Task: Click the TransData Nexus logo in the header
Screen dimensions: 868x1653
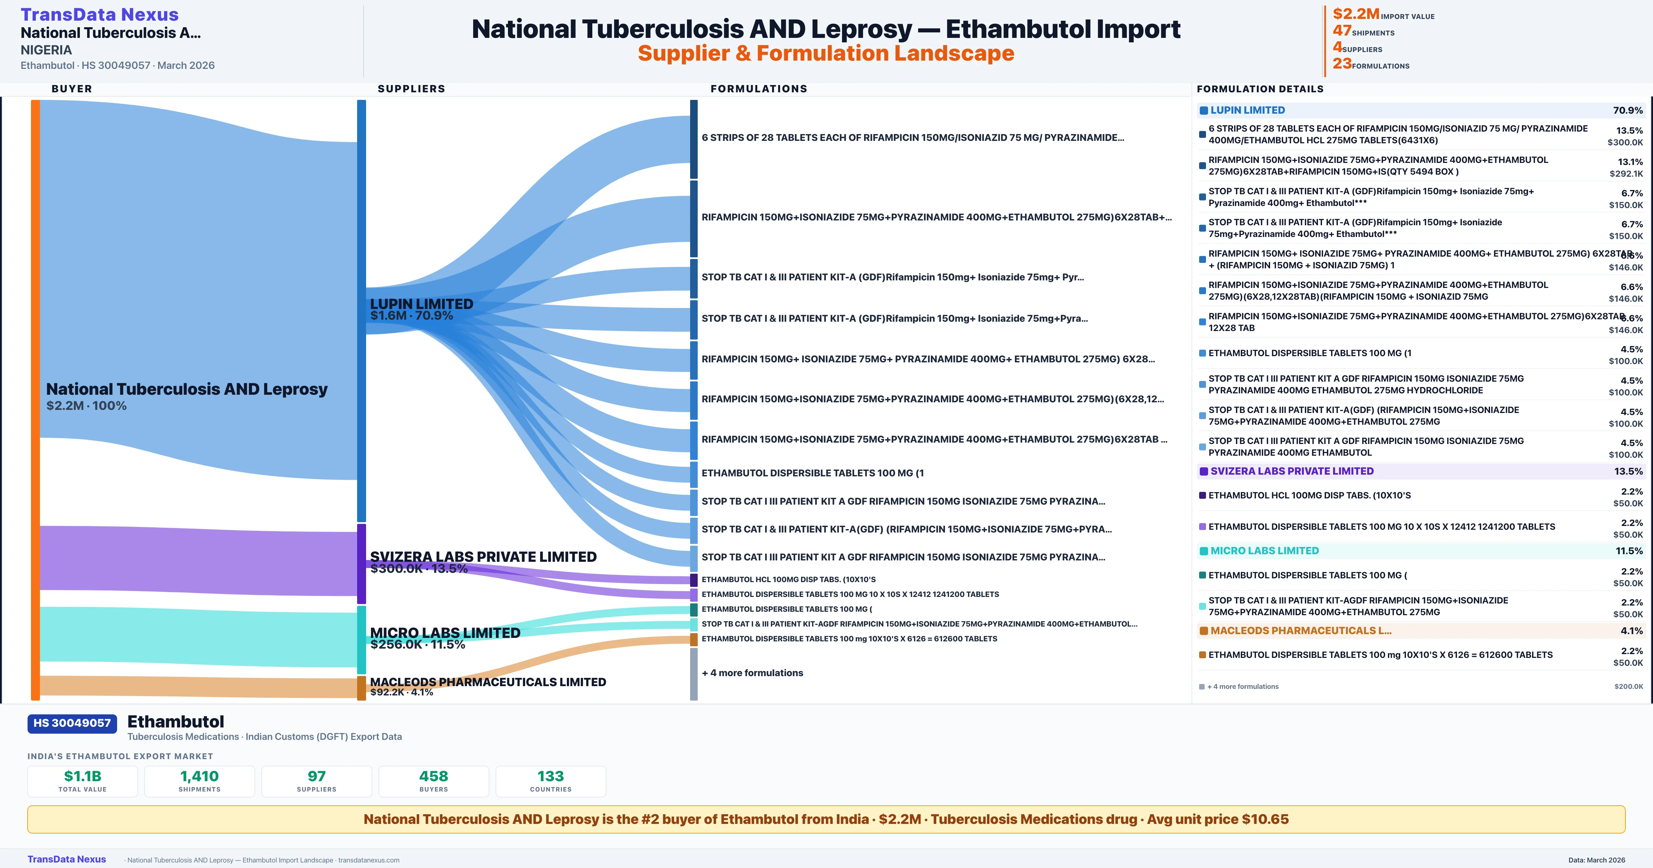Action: pos(100,14)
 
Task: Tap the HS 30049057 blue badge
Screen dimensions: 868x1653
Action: pos(72,723)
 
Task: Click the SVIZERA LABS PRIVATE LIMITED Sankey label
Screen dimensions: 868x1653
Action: pos(483,557)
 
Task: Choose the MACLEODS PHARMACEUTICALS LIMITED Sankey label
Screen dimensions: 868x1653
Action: pos(488,682)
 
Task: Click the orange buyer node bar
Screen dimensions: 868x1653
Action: pos(35,398)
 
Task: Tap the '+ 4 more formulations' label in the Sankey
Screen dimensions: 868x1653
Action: pos(752,673)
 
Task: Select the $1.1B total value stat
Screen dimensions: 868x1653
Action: pos(83,776)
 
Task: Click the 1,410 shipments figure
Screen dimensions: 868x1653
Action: pos(200,776)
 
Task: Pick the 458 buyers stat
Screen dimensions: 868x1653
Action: pos(434,776)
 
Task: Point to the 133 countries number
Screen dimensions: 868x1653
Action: pos(551,776)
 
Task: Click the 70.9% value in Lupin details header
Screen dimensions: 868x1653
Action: pos(1627,111)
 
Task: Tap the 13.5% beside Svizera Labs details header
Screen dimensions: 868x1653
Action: pos(1628,471)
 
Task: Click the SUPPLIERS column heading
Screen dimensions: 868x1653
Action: pos(411,89)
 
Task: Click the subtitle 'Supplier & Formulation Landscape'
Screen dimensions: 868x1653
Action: pos(826,53)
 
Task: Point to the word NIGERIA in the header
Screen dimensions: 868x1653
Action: pos(46,50)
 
